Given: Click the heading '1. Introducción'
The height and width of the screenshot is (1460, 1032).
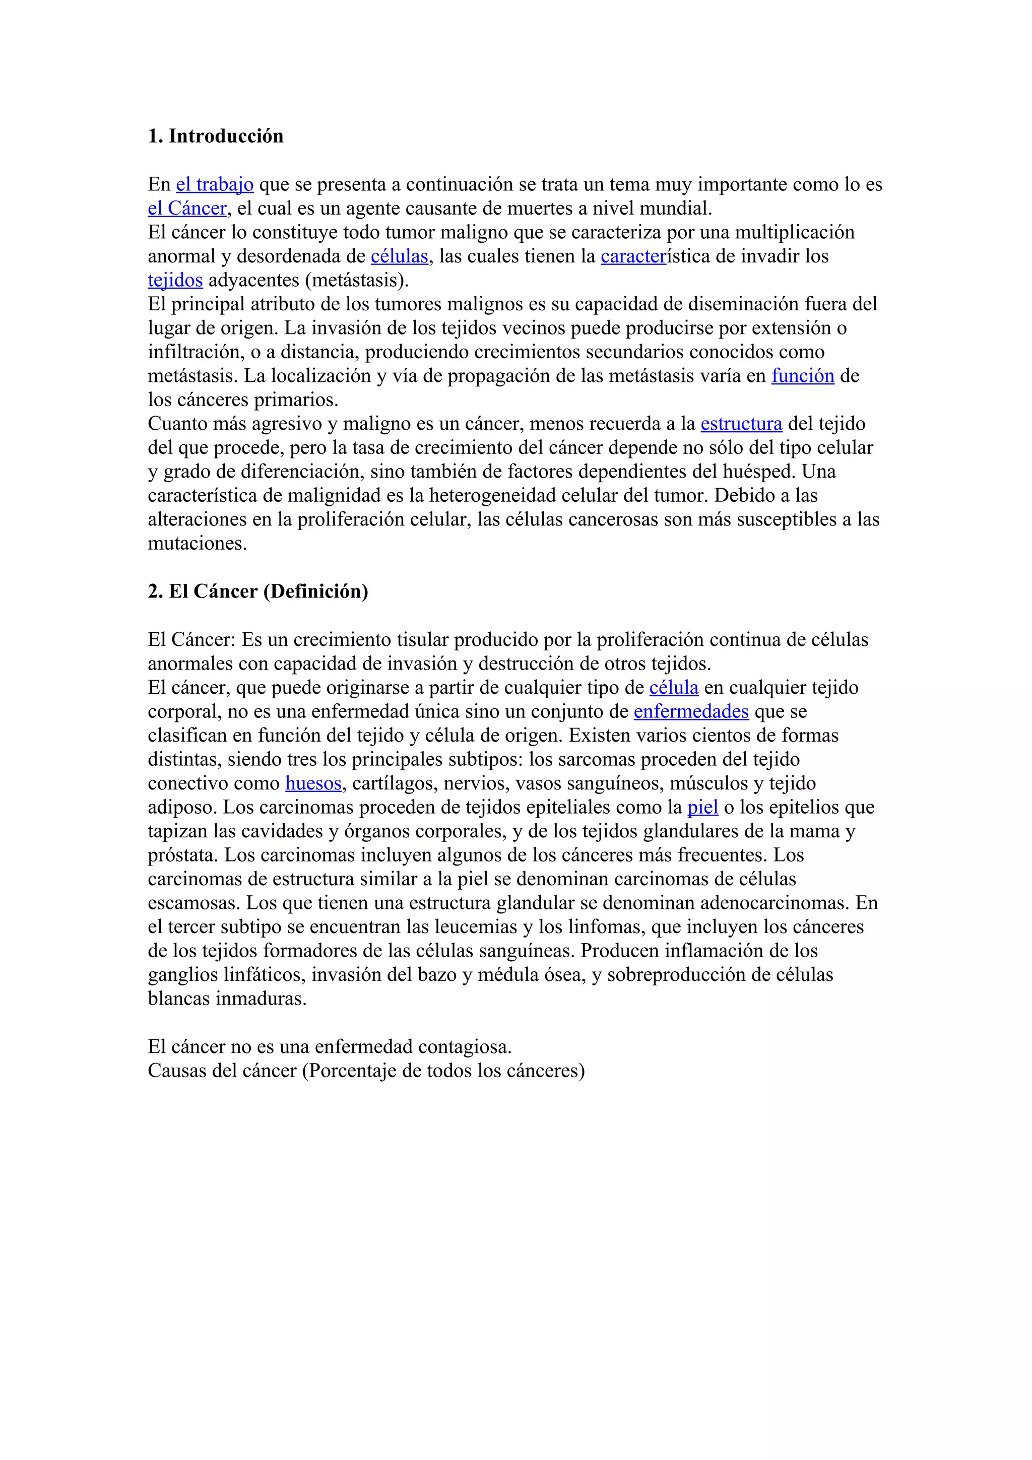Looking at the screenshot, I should (x=216, y=136).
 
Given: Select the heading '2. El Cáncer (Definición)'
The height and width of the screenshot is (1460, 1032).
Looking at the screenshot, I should (x=257, y=591).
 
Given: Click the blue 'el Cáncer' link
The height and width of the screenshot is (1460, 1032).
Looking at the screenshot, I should (x=187, y=209).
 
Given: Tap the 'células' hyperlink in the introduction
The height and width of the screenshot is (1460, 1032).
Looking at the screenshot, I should (x=399, y=256).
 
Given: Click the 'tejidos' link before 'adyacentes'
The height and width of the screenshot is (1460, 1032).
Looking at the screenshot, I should (x=175, y=281).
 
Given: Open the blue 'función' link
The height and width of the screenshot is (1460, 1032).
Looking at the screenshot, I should (x=802, y=376).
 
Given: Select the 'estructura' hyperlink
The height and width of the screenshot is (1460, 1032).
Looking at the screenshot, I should (x=741, y=424).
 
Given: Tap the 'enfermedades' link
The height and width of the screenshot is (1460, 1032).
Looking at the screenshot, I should (x=691, y=711).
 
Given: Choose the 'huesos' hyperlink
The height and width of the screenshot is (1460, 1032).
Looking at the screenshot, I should (x=313, y=783).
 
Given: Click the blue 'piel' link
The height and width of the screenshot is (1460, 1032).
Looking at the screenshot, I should (x=702, y=808).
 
